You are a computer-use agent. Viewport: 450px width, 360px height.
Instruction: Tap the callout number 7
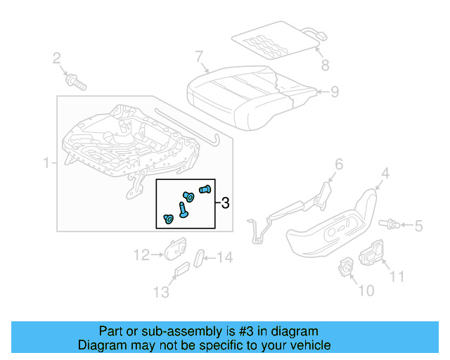(x=199, y=56)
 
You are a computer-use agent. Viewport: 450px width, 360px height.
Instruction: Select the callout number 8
(x=324, y=67)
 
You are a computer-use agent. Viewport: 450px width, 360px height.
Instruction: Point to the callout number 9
(x=335, y=91)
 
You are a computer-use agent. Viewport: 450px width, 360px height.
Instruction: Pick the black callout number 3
(x=225, y=204)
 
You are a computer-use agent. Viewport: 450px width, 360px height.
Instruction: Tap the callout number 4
(x=385, y=173)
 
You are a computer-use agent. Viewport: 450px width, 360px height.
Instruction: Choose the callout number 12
(x=141, y=255)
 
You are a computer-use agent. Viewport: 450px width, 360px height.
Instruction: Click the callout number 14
(x=223, y=258)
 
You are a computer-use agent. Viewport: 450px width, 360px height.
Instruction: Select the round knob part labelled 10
(x=346, y=266)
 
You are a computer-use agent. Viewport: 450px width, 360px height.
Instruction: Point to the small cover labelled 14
(x=199, y=257)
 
